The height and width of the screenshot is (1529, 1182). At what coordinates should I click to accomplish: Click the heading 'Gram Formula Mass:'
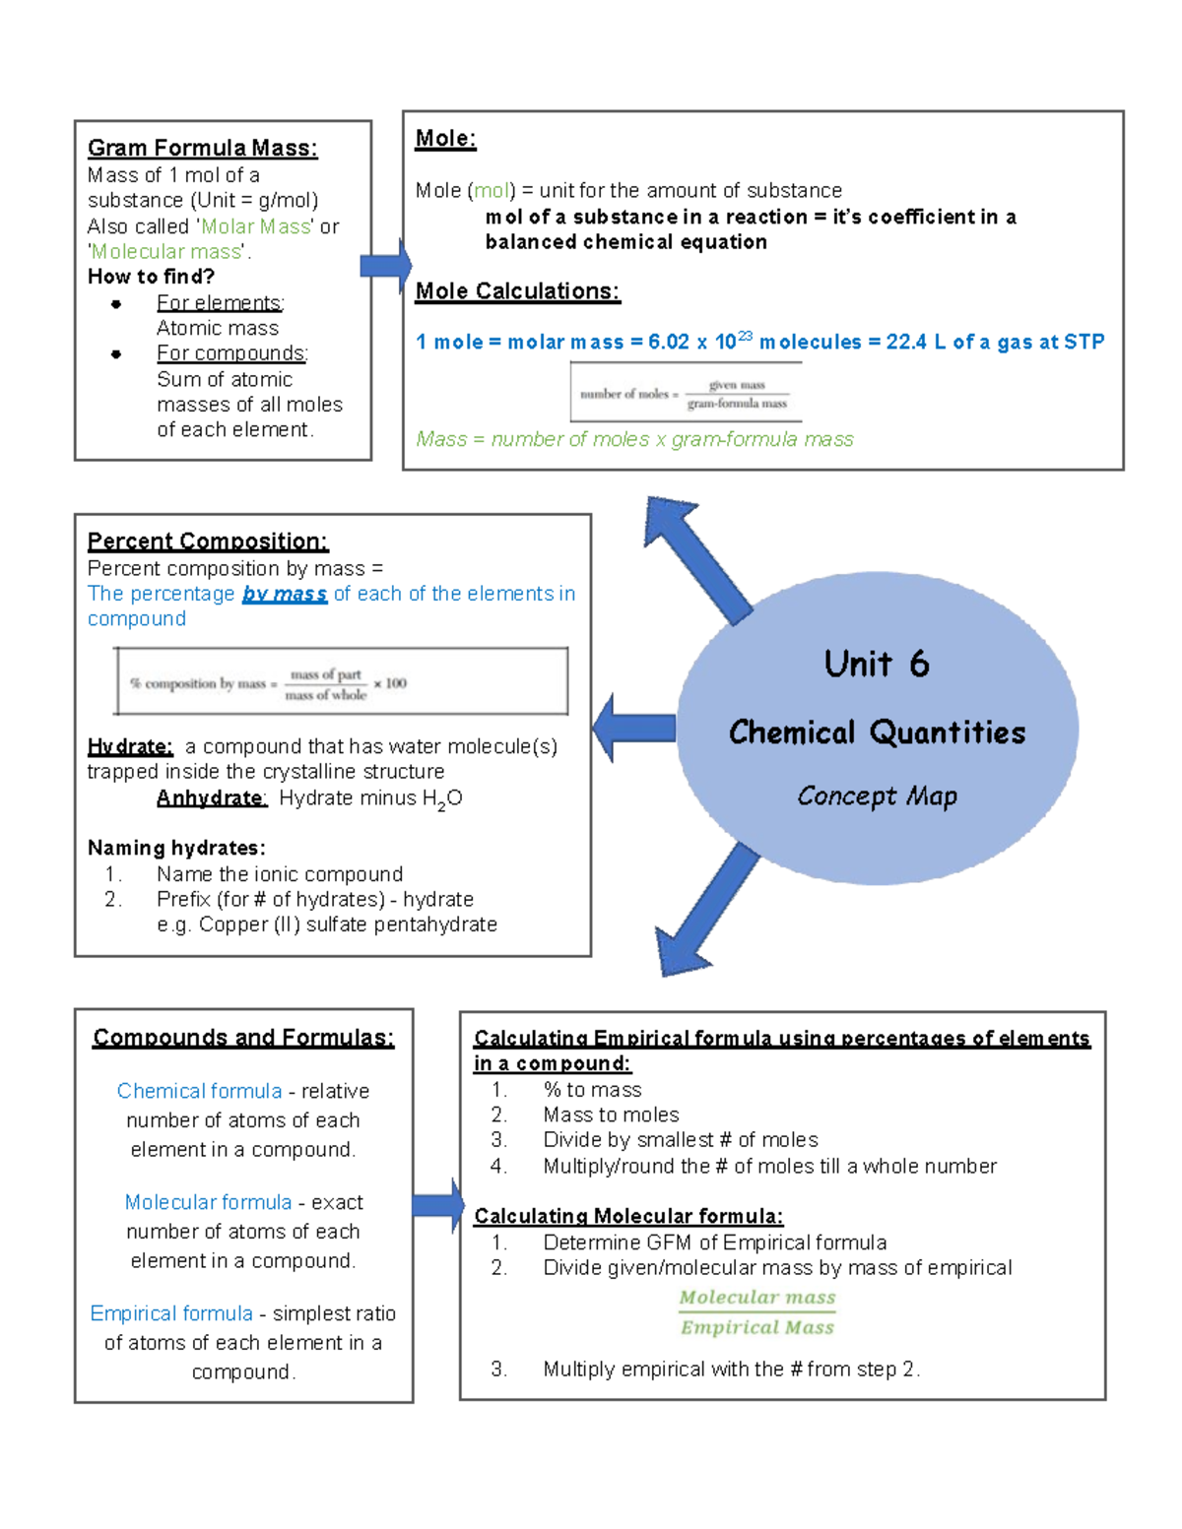[x=202, y=148]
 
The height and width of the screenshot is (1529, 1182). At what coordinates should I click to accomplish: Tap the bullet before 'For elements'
[x=116, y=303]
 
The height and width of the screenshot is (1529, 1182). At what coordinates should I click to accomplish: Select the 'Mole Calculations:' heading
[x=517, y=291]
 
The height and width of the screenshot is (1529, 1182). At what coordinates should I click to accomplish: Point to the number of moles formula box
[x=686, y=393]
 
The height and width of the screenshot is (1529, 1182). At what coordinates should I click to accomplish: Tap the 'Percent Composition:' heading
[x=208, y=542]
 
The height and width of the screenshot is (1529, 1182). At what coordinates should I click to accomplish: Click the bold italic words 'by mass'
[x=285, y=594]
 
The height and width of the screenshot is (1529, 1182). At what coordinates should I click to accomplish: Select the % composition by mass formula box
[x=341, y=681]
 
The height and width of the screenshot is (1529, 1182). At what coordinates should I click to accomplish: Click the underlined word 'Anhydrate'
[x=211, y=797]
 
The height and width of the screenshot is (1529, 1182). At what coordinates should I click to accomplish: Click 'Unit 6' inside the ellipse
[x=877, y=665]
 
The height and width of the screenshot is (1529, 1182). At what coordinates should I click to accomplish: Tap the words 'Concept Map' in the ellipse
[x=877, y=796]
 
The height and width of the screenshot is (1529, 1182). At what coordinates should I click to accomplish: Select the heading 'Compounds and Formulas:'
[x=243, y=1038]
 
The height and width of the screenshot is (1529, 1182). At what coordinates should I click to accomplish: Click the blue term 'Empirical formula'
[x=171, y=1313]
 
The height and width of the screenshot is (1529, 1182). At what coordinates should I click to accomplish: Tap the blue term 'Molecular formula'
[x=208, y=1202]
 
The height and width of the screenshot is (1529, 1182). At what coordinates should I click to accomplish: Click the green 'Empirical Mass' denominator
[x=757, y=1327]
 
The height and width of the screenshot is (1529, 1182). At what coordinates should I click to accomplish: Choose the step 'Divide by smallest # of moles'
[x=680, y=1140]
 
